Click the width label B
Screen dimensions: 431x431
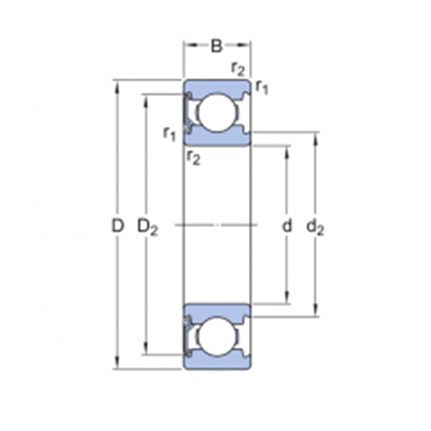217,46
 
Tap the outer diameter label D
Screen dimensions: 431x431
118,226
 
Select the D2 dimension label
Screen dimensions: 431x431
147,227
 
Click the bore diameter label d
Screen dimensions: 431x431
287,226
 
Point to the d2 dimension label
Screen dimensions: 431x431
315,227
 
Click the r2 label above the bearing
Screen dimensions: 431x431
238,69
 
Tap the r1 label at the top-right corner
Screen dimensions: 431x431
262,87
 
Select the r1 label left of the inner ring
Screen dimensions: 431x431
169,134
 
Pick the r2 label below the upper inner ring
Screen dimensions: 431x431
193,158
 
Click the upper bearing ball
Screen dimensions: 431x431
217,112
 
